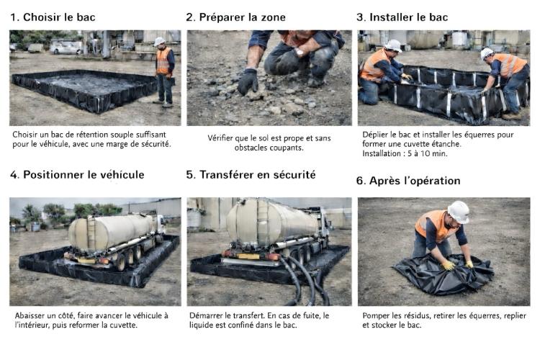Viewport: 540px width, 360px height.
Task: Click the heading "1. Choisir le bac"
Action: tap(53, 17)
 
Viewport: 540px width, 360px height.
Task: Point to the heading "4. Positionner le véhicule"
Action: tap(77, 175)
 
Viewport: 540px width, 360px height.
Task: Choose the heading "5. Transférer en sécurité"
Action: tap(251, 175)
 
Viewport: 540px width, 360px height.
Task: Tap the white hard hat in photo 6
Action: tap(458, 212)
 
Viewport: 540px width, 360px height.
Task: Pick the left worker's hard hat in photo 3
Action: tap(392, 45)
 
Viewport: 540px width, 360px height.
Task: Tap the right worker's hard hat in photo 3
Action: tap(487, 53)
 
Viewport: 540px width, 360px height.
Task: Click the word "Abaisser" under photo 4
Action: tap(30, 315)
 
